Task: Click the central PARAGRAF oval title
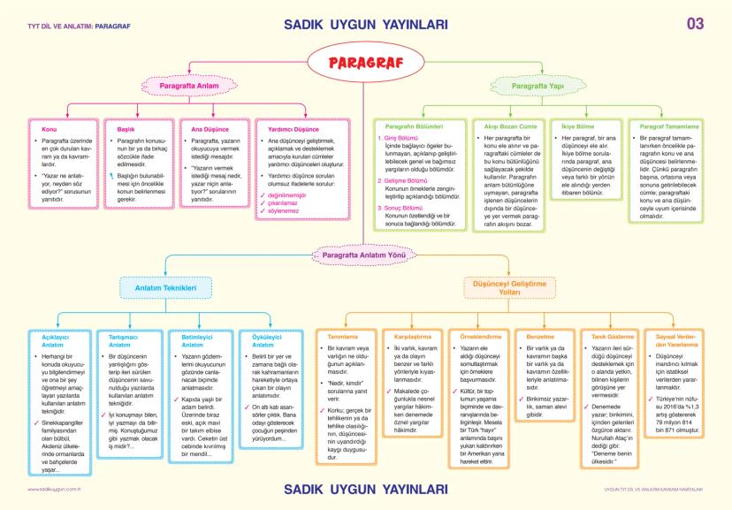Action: point(365,62)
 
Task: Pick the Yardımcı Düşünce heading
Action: point(293,129)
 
